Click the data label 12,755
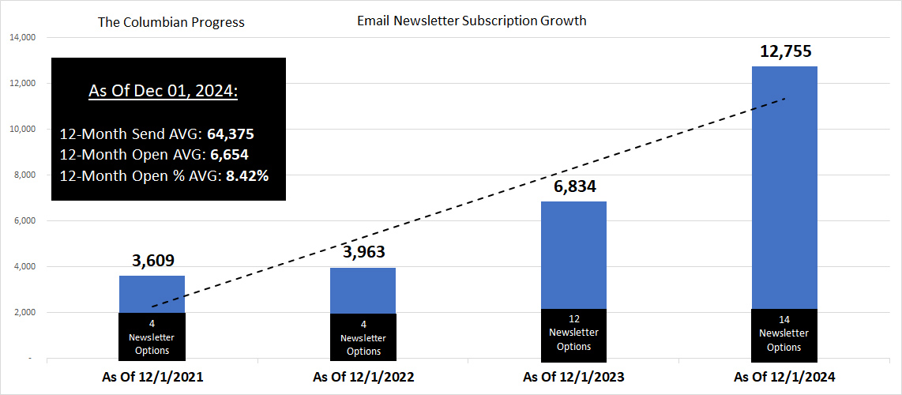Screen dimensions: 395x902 coord(784,52)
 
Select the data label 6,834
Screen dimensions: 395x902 coord(573,187)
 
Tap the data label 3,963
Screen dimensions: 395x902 coord(363,254)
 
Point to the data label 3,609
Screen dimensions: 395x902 coord(152,261)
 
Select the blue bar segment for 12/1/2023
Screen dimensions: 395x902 coord(573,254)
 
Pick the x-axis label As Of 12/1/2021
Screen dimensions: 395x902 coord(152,377)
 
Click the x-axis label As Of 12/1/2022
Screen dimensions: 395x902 coord(363,377)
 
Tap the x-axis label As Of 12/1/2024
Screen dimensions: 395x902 coord(784,377)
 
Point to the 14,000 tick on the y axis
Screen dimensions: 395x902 coord(22,37)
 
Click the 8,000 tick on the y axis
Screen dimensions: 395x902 coord(24,175)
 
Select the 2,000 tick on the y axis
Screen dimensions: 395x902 coord(24,312)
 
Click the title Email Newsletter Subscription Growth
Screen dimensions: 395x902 coord(472,21)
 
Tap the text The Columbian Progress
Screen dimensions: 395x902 coord(171,22)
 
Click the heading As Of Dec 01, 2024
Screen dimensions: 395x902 coord(163,91)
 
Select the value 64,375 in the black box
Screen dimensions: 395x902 coord(230,134)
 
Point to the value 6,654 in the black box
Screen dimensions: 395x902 coord(227,155)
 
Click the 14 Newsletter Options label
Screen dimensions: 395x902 coord(784,333)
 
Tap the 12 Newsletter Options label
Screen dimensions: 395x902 coord(573,333)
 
